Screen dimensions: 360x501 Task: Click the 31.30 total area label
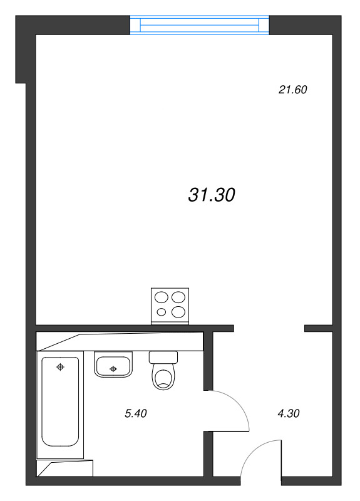[212, 195]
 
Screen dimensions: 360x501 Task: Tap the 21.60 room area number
[292, 90]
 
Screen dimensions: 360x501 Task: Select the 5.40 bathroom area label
[136, 413]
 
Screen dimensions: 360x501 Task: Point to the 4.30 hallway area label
[289, 413]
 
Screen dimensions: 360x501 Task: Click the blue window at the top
[199, 25]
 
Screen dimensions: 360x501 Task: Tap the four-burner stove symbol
[170, 306]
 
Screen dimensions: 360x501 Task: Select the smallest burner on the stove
[162, 312]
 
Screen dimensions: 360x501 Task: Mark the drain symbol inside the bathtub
[60, 367]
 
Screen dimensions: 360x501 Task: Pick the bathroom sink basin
[113, 364]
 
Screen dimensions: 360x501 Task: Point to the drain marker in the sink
[113, 369]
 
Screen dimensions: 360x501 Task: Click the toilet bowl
[163, 377]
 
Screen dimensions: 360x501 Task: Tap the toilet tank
[163, 357]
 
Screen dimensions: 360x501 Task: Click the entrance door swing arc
[255, 451]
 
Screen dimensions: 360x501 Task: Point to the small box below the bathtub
[65, 468]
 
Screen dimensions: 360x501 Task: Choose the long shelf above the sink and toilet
[120, 341]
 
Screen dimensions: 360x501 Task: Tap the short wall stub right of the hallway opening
[319, 328]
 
